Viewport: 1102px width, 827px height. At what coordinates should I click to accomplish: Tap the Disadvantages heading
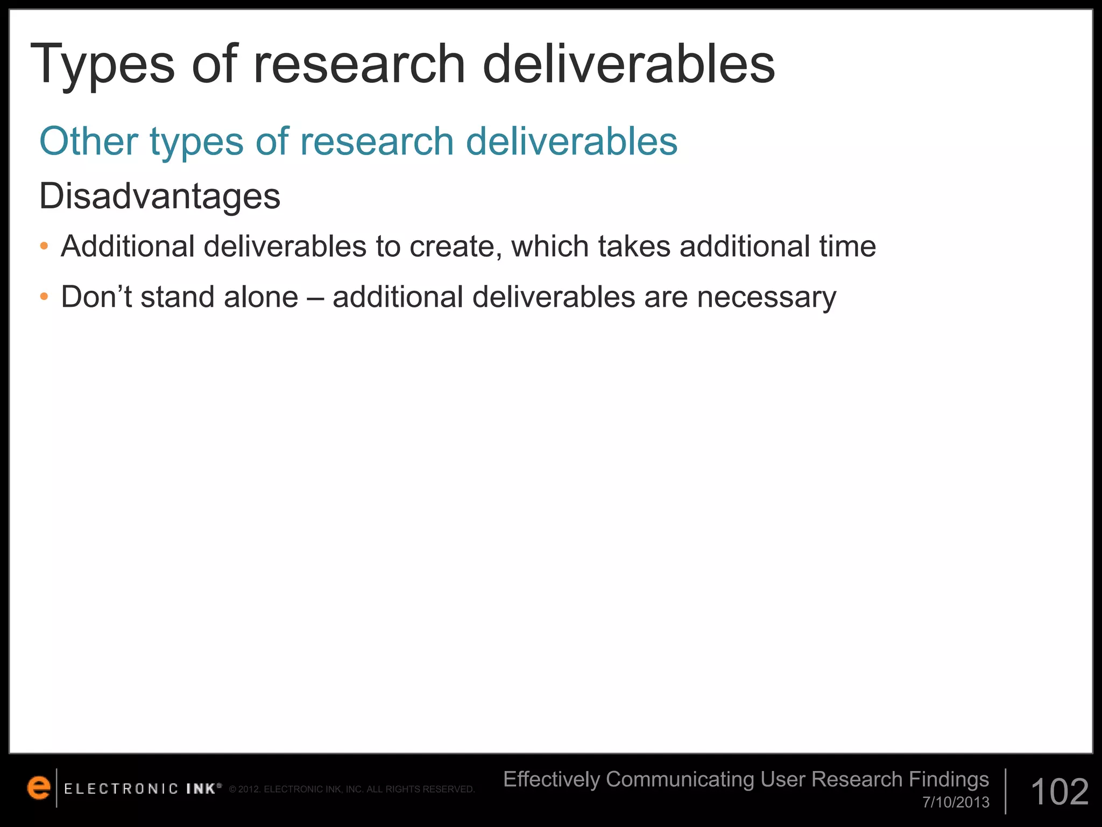click(160, 196)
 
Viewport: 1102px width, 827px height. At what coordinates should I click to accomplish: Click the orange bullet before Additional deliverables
click(44, 247)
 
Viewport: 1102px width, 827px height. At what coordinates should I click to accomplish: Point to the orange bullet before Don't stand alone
click(44, 297)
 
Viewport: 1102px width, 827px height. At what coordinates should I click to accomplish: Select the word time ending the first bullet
click(847, 247)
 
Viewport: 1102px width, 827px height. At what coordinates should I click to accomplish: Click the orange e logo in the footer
click(39, 788)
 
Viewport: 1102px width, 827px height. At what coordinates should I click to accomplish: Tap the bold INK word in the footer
click(201, 789)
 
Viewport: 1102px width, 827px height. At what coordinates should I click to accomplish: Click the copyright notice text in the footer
click(352, 790)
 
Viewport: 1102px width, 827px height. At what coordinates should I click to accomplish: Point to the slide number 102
click(1059, 792)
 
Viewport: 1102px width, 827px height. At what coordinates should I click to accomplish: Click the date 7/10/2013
click(956, 803)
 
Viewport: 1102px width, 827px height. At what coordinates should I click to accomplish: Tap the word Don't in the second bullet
click(96, 297)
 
